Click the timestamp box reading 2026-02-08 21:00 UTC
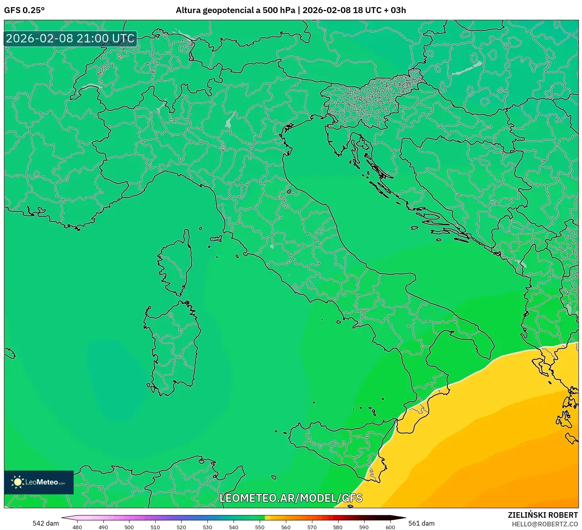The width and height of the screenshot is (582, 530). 70,38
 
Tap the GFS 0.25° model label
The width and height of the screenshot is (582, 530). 24,10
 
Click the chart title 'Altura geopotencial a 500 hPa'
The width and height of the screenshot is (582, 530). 235,10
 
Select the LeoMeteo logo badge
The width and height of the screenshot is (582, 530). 39,482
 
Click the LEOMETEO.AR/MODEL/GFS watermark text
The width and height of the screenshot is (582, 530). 291,498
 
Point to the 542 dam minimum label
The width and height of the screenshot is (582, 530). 46,523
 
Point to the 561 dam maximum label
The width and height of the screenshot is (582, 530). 421,523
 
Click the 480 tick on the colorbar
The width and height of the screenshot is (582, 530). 77,527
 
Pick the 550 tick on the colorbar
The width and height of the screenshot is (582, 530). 260,527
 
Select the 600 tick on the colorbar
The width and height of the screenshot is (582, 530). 390,527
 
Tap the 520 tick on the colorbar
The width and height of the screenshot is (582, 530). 181,527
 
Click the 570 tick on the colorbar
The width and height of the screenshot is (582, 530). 312,527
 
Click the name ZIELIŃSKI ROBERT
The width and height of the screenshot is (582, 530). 542,515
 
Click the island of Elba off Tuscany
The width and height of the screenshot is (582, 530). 216,239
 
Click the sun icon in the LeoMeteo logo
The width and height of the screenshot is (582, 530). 17,482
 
